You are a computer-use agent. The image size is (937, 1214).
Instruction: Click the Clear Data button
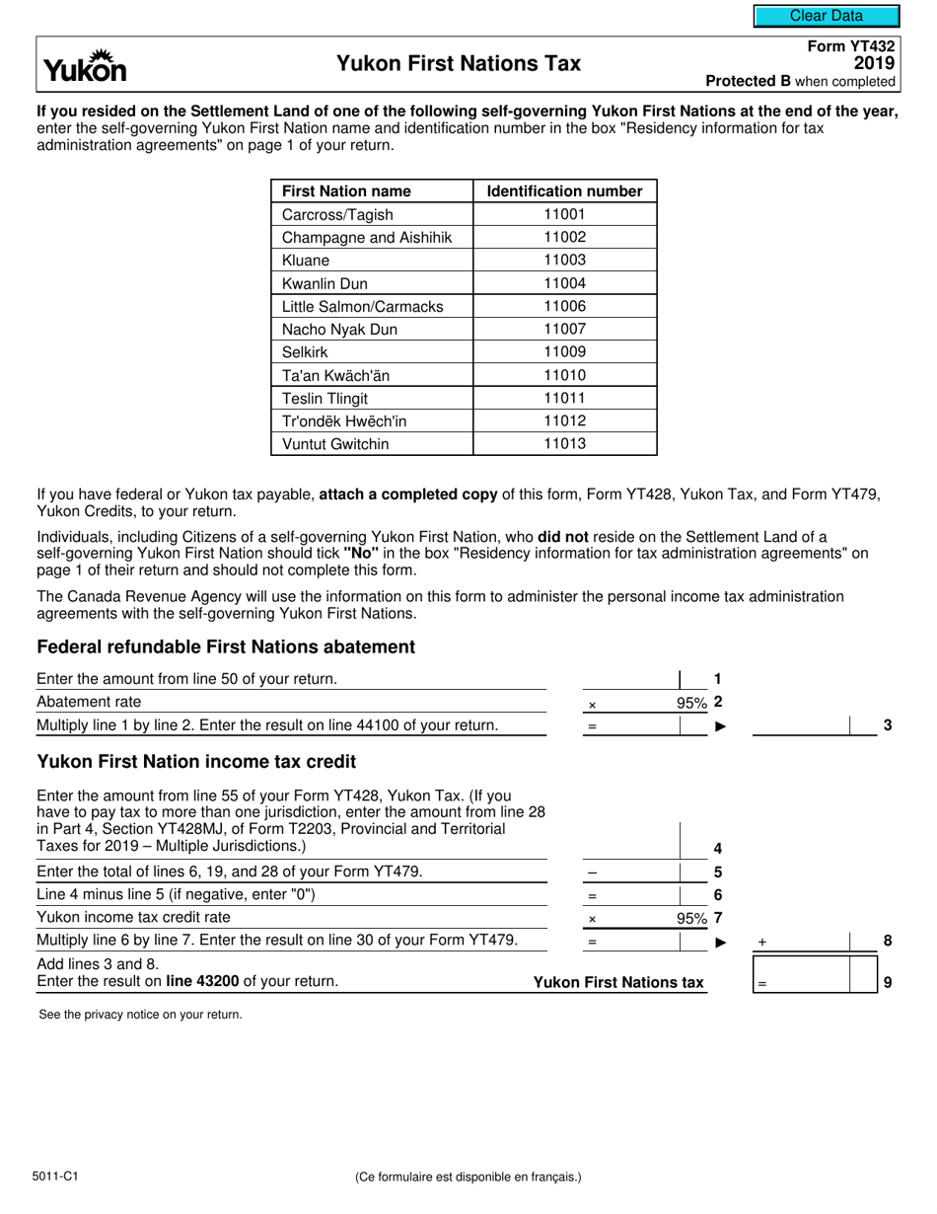(x=827, y=16)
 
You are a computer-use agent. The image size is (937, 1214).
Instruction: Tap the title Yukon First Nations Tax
(x=459, y=64)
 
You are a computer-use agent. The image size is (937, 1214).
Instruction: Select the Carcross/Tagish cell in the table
(x=337, y=215)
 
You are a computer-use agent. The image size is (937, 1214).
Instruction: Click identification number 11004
(x=564, y=283)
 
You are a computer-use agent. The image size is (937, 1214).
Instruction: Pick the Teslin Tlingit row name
(x=325, y=399)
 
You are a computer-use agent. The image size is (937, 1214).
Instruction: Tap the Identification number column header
(x=564, y=191)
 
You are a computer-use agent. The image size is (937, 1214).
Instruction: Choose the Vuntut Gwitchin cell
(x=335, y=444)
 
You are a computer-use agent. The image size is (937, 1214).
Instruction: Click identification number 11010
(x=564, y=375)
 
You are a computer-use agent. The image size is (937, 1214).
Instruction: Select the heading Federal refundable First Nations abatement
(x=226, y=647)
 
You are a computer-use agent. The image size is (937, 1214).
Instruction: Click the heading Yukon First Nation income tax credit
(x=196, y=762)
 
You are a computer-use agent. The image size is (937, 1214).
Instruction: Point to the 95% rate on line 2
(x=691, y=704)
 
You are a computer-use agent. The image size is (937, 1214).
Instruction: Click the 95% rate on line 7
(x=691, y=919)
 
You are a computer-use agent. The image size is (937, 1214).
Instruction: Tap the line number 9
(x=888, y=983)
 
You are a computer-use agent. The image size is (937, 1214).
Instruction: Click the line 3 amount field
(x=801, y=725)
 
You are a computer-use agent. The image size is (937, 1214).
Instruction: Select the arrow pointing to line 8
(x=720, y=943)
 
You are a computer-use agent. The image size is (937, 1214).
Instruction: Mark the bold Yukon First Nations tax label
(x=618, y=982)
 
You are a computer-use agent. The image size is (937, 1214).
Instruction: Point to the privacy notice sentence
(x=140, y=1015)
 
